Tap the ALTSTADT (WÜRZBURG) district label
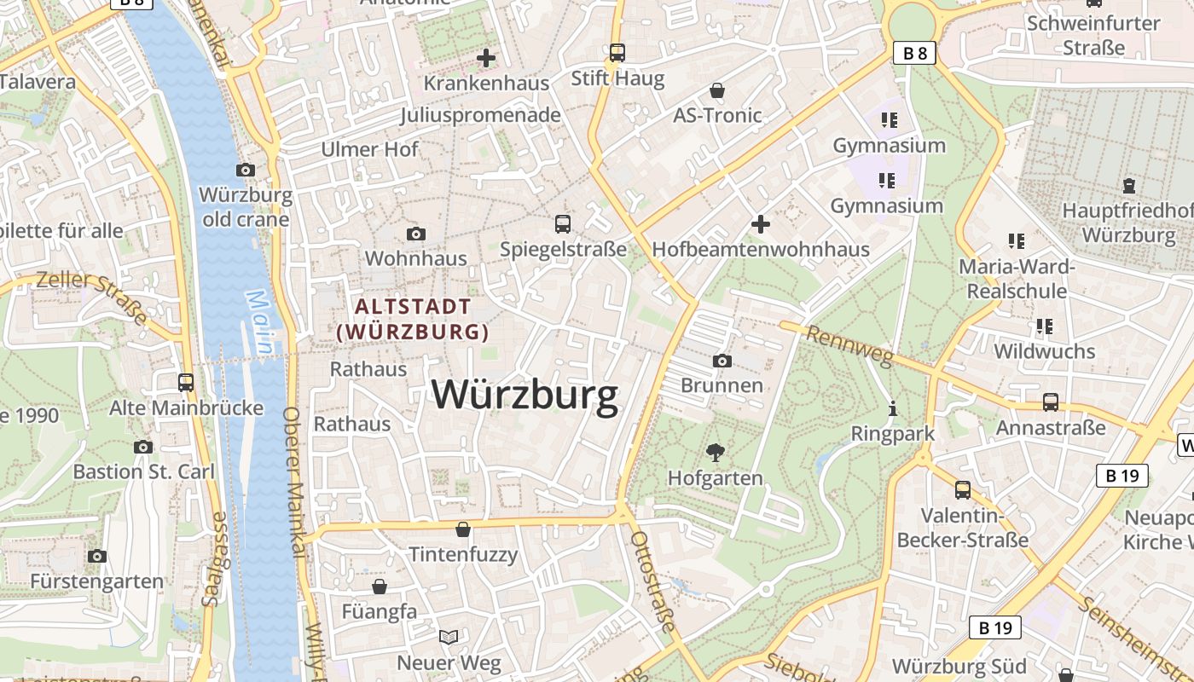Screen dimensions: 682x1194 (x=413, y=319)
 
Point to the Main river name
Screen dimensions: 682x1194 (x=259, y=322)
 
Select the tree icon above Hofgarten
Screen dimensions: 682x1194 (x=715, y=452)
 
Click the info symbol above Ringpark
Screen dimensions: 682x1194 (x=893, y=408)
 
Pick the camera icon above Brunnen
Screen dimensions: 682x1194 (x=722, y=361)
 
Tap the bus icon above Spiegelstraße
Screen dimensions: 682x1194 (x=563, y=223)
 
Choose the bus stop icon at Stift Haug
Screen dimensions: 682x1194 (x=617, y=53)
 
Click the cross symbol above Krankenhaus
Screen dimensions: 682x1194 (x=486, y=58)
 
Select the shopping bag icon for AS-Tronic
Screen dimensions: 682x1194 (x=717, y=90)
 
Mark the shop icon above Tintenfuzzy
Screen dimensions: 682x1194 (x=463, y=529)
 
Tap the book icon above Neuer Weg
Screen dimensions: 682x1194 (x=449, y=637)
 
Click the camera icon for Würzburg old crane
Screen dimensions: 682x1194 (x=246, y=170)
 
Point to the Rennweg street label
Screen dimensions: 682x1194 (x=849, y=346)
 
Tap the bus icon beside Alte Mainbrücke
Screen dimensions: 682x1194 (x=186, y=383)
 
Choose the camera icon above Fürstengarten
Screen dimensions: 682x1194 (x=97, y=556)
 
